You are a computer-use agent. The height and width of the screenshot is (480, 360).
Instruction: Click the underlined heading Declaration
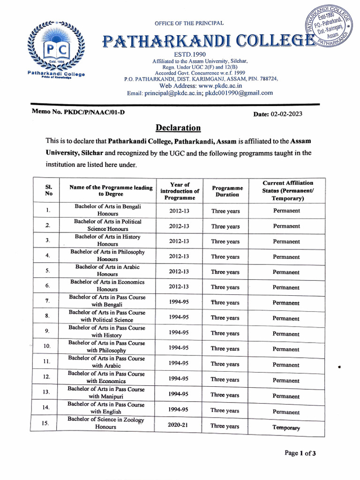(x=178, y=128)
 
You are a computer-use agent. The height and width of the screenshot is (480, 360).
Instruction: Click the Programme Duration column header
(x=227, y=191)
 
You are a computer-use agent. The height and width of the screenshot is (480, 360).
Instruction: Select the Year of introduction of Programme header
(x=180, y=191)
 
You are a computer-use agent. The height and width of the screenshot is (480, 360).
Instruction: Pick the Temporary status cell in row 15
(x=286, y=427)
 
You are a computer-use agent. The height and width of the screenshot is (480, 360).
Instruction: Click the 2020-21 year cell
(x=179, y=426)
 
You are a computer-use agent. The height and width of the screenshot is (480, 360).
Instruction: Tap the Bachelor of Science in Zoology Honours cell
(x=106, y=423)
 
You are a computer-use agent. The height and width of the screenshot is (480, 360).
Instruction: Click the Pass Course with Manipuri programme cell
(x=106, y=393)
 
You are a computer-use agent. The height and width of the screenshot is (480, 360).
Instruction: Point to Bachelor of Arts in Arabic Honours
(x=107, y=270)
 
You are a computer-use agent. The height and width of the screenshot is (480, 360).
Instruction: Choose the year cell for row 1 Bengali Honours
(x=179, y=211)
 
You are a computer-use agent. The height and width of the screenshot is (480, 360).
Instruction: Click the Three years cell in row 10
(x=225, y=349)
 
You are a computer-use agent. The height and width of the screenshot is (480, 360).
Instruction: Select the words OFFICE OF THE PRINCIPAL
(x=189, y=23)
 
